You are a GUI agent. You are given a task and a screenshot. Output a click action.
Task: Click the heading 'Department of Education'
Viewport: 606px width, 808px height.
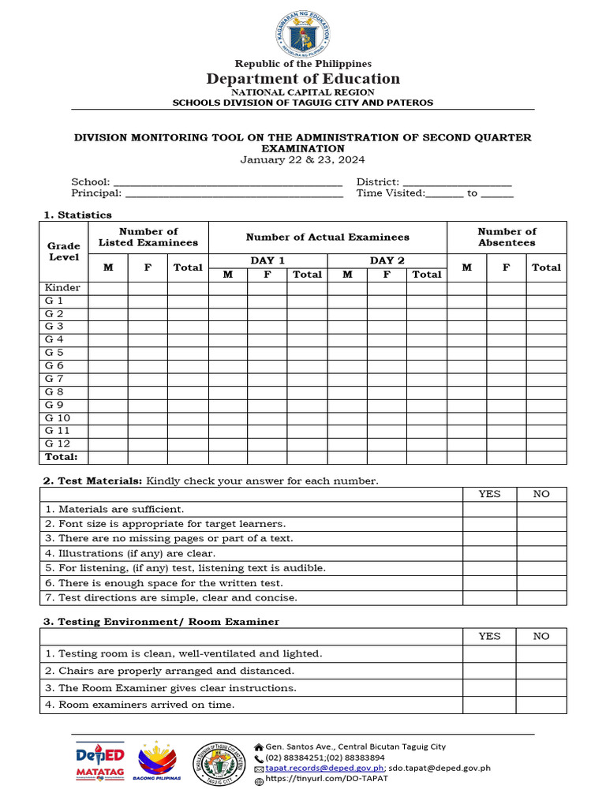[303, 78]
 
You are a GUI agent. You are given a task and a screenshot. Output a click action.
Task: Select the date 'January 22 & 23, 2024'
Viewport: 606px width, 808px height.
[303, 159]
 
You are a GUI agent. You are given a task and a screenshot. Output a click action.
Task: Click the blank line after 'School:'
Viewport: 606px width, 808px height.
[228, 182]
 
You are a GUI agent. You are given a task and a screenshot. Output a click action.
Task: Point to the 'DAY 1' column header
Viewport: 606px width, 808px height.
[267, 260]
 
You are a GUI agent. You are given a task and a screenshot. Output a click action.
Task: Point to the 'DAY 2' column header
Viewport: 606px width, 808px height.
[387, 260]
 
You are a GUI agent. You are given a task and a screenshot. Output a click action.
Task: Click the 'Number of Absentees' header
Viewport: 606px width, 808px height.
[507, 237]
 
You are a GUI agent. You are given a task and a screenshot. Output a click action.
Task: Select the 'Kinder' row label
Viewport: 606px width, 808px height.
[62, 288]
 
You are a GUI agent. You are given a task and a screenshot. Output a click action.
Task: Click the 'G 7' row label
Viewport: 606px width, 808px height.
[54, 379]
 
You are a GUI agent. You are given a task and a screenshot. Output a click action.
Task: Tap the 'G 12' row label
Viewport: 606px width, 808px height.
[58, 443]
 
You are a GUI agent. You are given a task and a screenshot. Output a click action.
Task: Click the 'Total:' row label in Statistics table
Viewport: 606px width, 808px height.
[62, 457]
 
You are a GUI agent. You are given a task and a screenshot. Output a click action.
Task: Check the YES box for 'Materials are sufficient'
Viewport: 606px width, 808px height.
[489, 509]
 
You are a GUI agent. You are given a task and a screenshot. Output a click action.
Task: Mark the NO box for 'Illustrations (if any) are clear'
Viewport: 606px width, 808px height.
[541, 553]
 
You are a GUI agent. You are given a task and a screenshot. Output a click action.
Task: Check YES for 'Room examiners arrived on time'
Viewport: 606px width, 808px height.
[489, 705]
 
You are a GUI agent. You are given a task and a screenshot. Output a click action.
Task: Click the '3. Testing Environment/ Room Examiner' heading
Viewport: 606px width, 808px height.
[161, 622]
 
